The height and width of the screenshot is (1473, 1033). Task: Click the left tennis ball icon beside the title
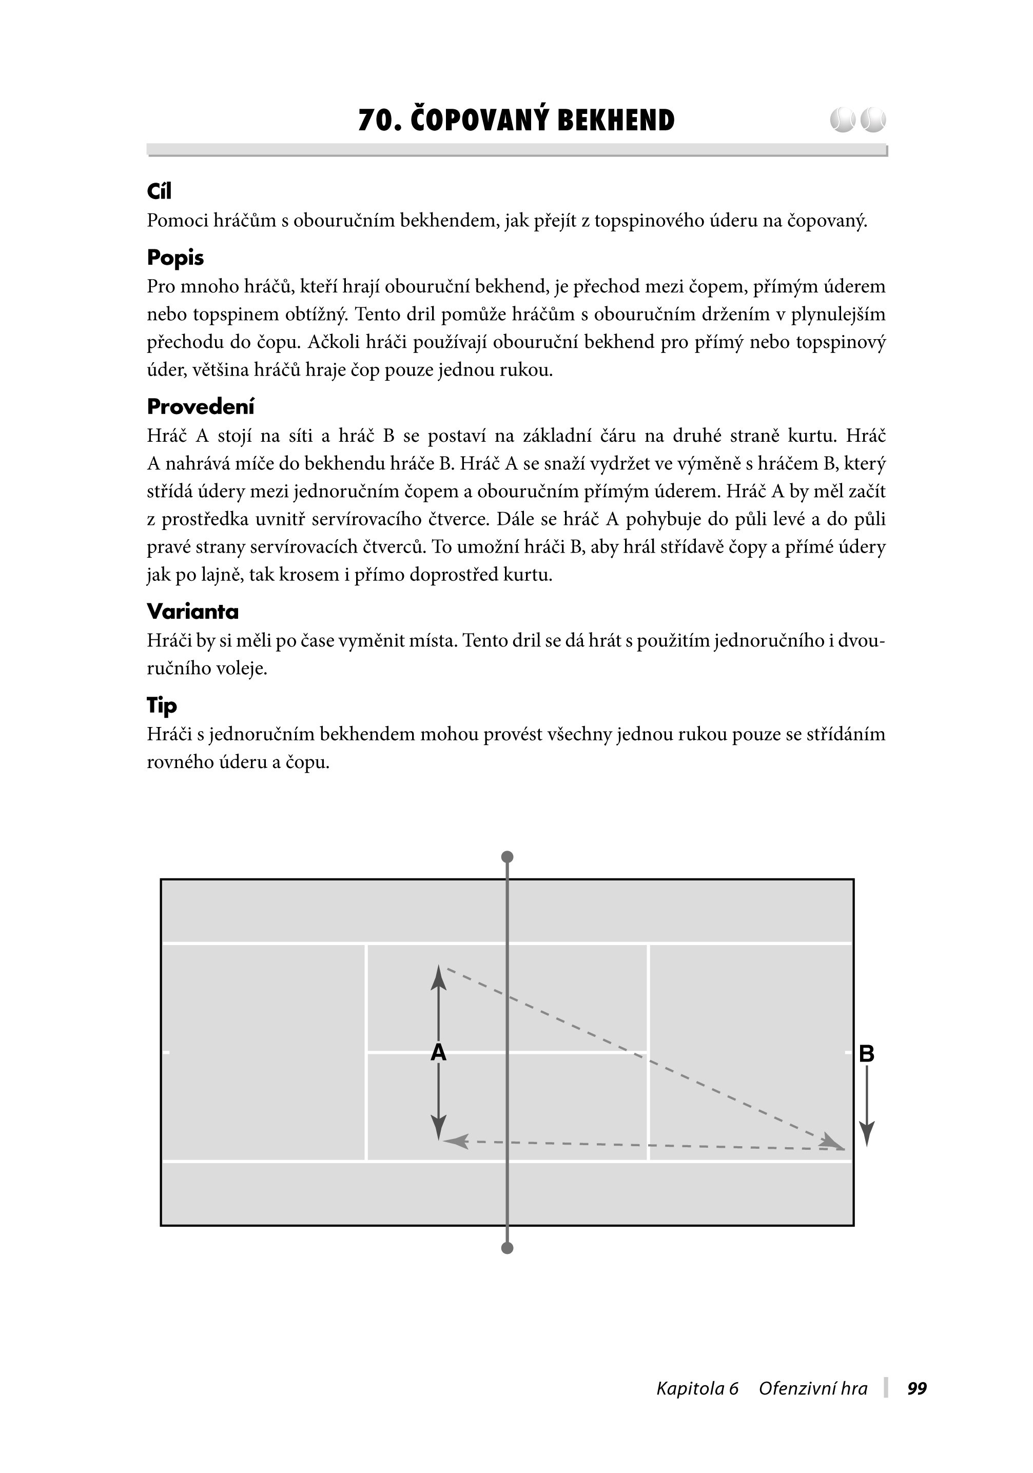tap(842, 120)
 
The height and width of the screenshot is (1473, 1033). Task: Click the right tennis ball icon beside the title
tap(872, 120)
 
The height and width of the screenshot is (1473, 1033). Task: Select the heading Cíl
tap(159, 191)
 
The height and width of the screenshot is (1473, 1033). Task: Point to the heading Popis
tap(175, 258)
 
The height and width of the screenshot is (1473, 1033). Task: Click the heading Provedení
tap(200, 407)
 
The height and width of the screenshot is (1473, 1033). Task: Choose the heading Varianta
tap(192, 612)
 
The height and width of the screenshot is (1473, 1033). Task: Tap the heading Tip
tap(162, 705)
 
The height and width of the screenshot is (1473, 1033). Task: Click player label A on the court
tap(438, 1053)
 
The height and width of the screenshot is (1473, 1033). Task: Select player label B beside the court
tap(866, 1053)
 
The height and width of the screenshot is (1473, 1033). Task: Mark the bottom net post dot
tap(507, 1248)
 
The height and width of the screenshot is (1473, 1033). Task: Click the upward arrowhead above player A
tap(438, 978)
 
